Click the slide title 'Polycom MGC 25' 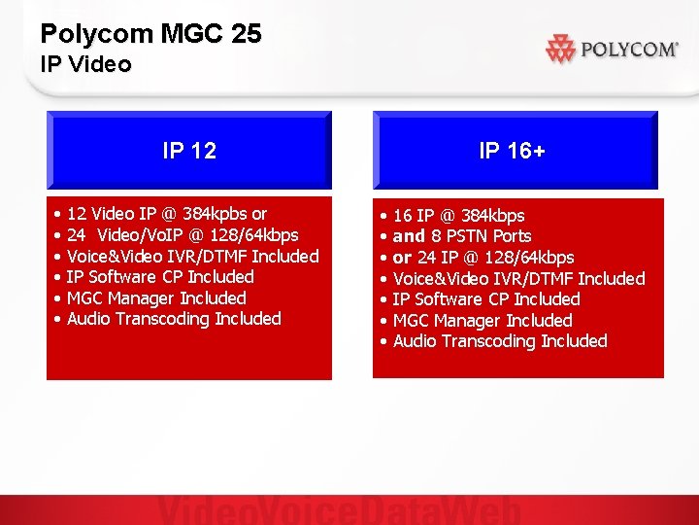click(x=150, y=34)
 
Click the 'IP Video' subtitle click(x=85, y=65)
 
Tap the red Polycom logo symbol click(x=561, y=49)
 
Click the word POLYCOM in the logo click(x=628, y=50)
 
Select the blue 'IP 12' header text click(x=189, y=151)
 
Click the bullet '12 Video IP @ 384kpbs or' click(x=167, y=214)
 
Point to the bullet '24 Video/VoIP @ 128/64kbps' click(x=183, y=235)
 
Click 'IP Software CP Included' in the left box click(x=160, y=277)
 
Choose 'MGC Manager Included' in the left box click(x=156, y=298)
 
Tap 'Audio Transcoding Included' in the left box click(x=174, y=319)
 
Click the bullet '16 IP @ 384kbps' click(x=458, y=216)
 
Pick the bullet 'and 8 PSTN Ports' click(x=462, y=236)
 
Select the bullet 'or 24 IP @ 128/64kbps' click(x=483, y=258)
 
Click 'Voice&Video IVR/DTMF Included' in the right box click(x=518, y=279)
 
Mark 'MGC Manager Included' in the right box click(x=483, y=321)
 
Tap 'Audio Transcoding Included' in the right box click(x=500, y=341)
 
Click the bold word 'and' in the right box click(x=409, y=236)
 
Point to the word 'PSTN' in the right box click(x=467, y=236)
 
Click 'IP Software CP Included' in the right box click(x=486, y=299)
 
